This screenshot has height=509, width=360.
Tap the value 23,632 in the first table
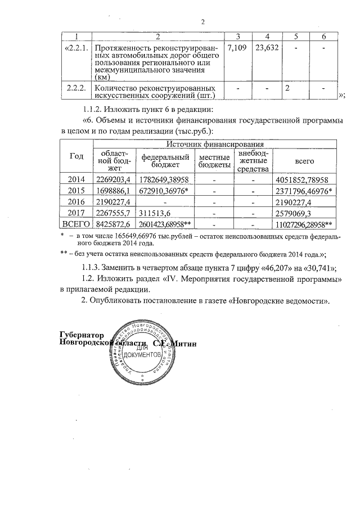tap(267, 48)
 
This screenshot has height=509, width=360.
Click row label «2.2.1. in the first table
tap(76, 48)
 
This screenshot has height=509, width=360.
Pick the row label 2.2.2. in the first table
tap(76, 88)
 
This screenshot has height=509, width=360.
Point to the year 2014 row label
tap(76, 179)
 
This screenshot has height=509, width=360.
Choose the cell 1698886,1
tap(114, 191)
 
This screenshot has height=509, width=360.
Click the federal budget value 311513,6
tap(159, 213)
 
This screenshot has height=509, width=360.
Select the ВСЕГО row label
tap(76, 224)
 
